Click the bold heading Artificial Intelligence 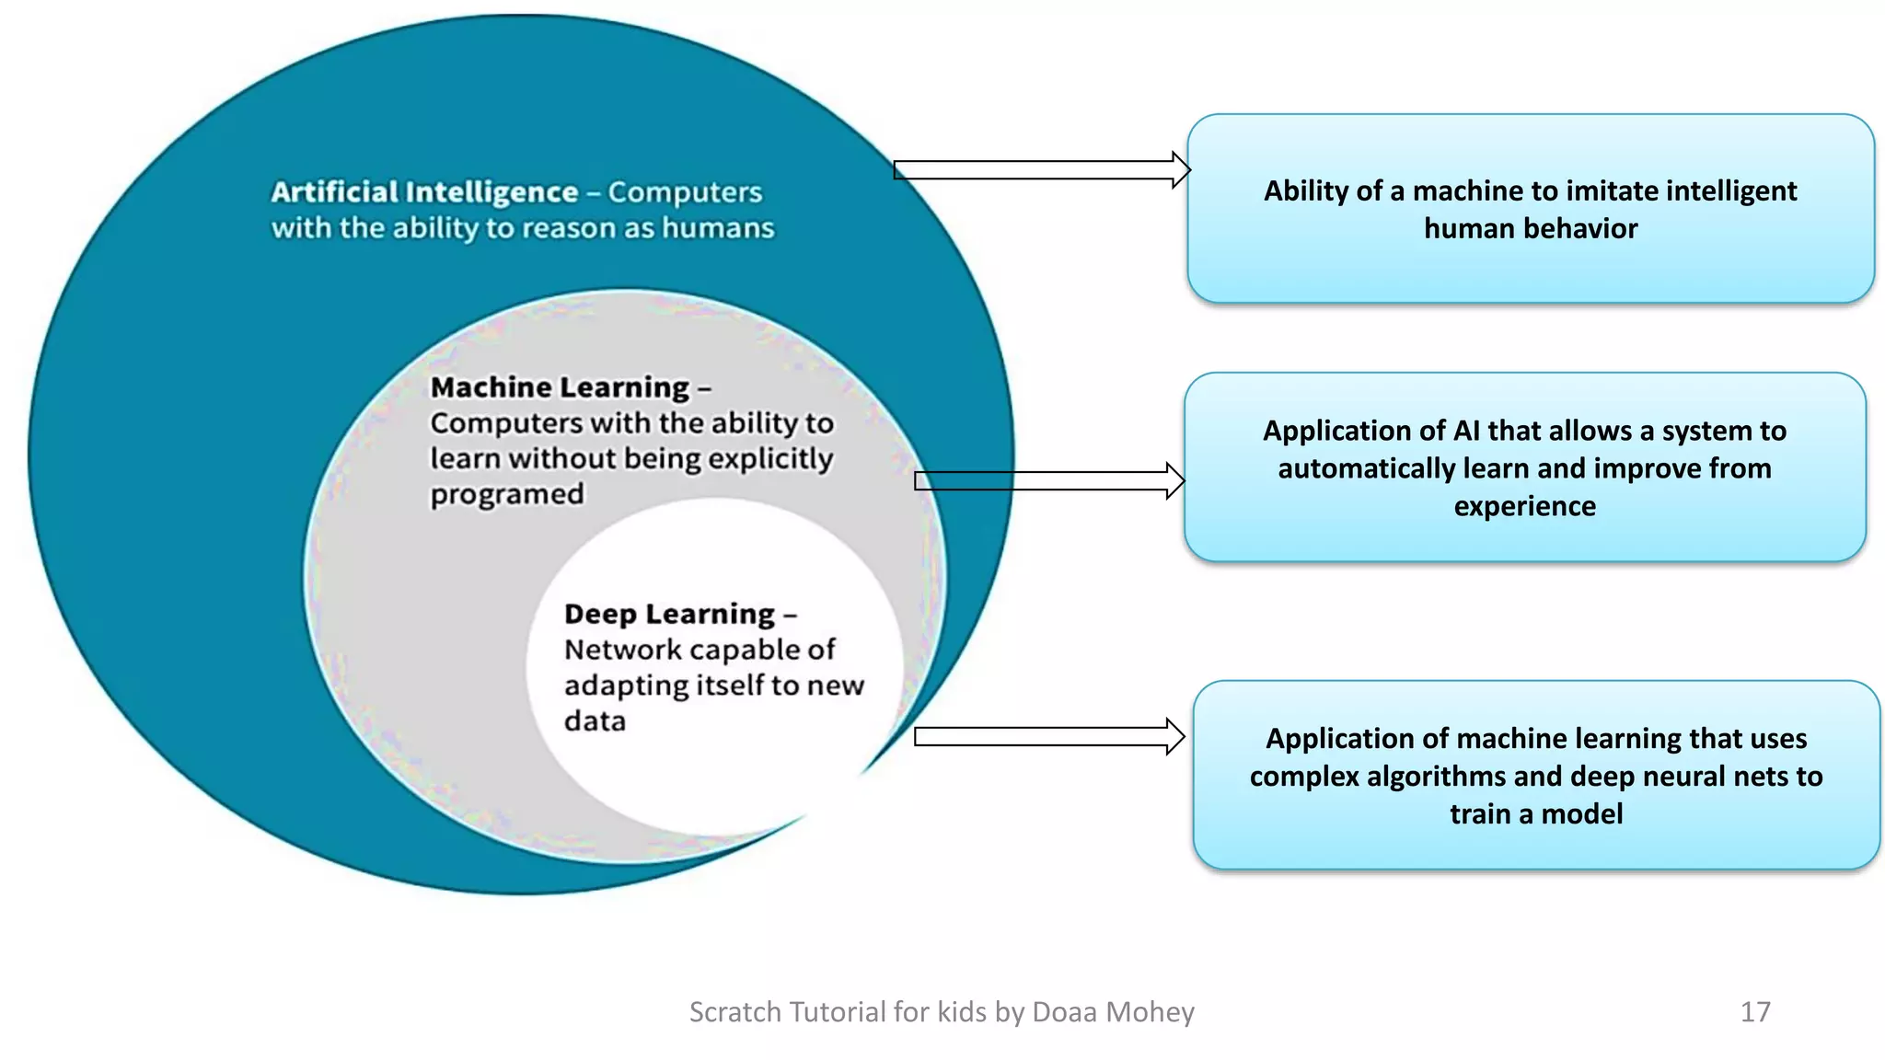pyautogui.click(x=424, y=192)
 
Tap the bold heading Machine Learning pyautogui.click(x=560, y=387)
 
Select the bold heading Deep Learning pyautogui.click(x=669, y=614)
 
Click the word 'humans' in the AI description pyautogui.click(x=718, y=228)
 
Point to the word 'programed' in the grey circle pyautogui.click(x=507, y=495)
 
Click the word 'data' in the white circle pyautogui.click(x=595, y=720)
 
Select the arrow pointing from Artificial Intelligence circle pyautogui.click(x=1040, y=170)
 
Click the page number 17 pyautogui.click(x=1754, y=1012)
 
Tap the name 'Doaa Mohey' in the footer pyautogui.click(x=1113, y=1012)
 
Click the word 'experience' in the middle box pyautogui.click(x=1524, y=506)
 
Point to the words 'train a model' pyautogui.click(x=1535, y=814)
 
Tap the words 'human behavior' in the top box pyautogui.click(x=1530, y=228)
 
